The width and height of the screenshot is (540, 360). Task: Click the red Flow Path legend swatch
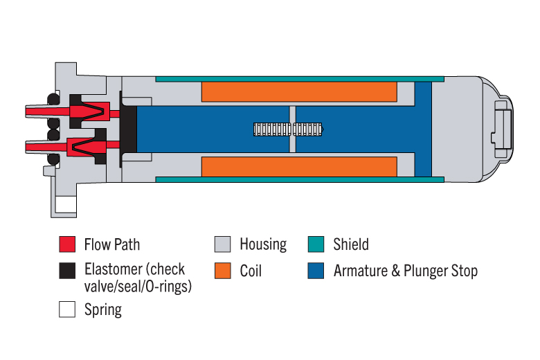point(67,244)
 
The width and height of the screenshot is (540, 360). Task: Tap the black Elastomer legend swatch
point(67,271)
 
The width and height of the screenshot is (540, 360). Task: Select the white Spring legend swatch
point(67,309)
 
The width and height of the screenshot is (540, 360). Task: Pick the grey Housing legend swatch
point(222,244)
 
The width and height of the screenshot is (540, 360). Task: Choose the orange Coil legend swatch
point(222,271)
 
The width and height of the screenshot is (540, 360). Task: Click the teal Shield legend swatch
point(316,244)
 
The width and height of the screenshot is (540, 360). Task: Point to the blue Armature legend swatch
point(316,271)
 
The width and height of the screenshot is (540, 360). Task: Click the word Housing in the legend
point(263,244)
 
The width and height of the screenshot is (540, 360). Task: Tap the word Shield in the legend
point(351,244)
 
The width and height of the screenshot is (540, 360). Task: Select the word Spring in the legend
point(103,309)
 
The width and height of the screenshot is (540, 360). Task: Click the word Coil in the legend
point(251,271)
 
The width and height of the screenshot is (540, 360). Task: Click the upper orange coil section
point(299,91)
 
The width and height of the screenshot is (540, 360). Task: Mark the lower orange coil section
point(299,167)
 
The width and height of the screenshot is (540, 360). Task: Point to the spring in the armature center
point(288,129)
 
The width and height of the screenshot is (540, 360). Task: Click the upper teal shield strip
point(300,79)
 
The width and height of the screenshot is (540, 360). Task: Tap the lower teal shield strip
point(300,179)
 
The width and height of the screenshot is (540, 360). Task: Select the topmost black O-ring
point(53,100)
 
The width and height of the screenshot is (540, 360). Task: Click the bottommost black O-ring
point(53,159)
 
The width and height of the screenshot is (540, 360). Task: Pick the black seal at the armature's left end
point(128,129)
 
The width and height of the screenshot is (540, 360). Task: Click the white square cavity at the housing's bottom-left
point(66,205)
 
